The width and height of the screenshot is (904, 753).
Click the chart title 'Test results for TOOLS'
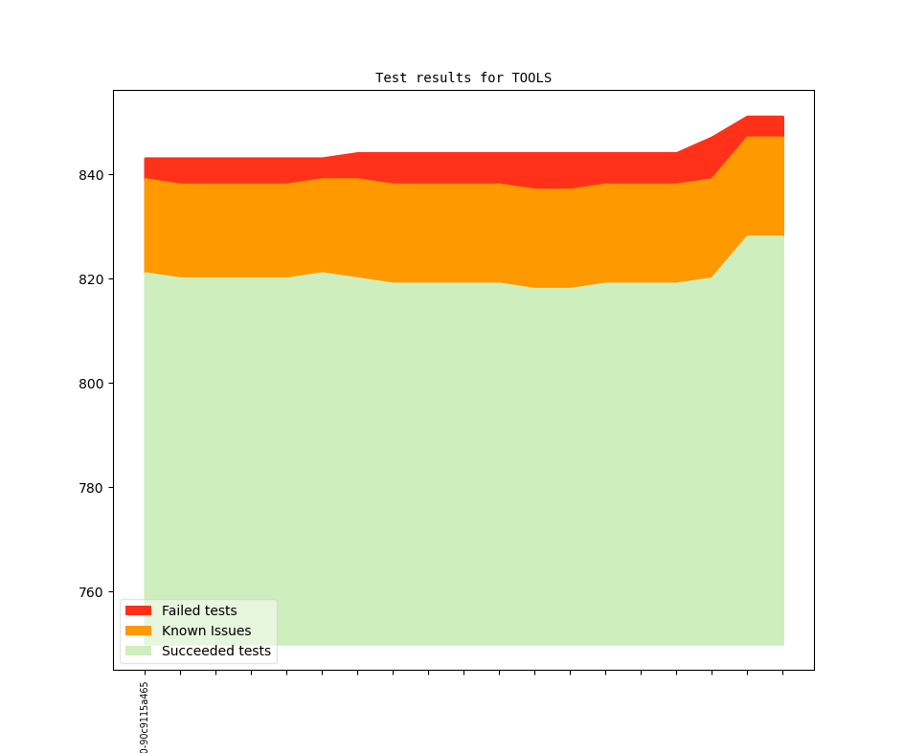(463, 78)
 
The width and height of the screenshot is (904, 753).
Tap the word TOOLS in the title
(531, 78)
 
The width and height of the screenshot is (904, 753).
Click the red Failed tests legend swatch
(138, 610)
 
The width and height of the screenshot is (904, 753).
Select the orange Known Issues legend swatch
(138, 631)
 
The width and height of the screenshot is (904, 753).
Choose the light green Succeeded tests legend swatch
(138, 651)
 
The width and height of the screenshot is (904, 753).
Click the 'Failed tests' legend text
(199, 610)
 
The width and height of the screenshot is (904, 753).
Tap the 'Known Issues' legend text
(206, 631)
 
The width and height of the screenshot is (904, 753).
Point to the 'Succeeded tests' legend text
(216, 651)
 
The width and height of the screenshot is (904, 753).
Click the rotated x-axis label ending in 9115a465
(145, 718)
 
